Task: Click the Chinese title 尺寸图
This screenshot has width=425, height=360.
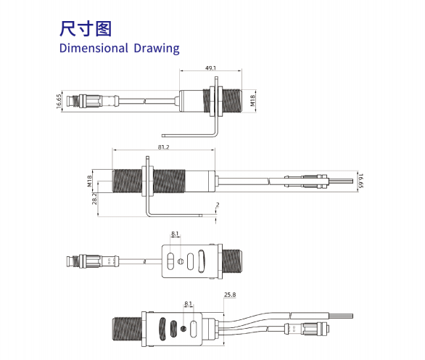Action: click(x=86, y=28)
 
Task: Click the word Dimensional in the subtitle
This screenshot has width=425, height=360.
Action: click(x=91, y=49)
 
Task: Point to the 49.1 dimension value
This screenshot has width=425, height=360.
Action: click(x=211, y=67)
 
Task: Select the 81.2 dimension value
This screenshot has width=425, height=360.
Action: click(x=162, y=147)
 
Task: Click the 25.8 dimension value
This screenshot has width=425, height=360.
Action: click(x=230, y=295)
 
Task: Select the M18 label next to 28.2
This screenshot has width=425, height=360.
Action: click(x=90, y=181)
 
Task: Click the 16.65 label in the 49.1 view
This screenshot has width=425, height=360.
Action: click(x=57, y=101)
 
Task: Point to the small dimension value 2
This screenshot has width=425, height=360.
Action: click(x=217, y=205)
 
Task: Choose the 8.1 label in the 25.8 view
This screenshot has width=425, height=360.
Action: click(x=189, y=303)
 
